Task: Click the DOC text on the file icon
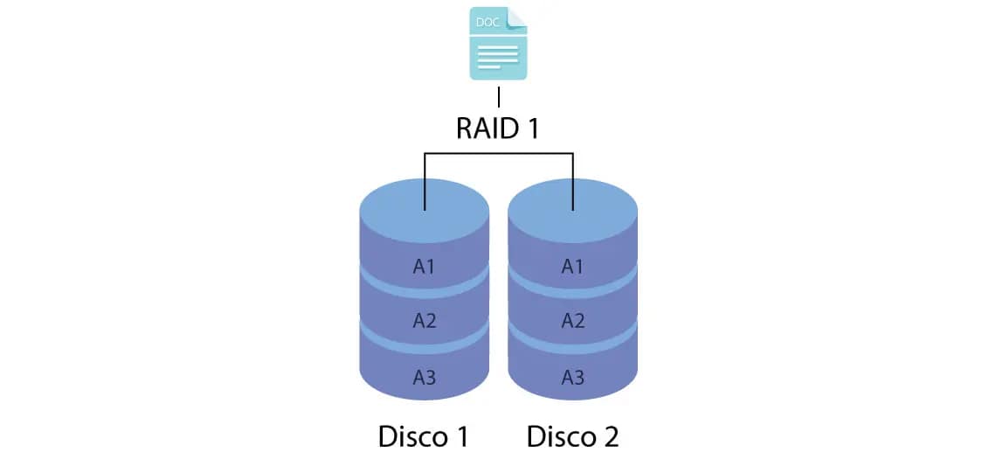click(x=487, y=21)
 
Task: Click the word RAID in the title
click(x=487, y=128)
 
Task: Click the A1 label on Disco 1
click(x=425, y=267)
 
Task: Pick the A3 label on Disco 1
click(x=425, y=378)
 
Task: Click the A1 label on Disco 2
click(x=572, y=267)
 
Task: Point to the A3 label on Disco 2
click(x=572, y=378)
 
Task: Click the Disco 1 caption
click(x=424, y=435)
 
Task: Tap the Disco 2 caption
click(x=572, y=435)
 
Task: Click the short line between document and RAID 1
click(x=498, y=97)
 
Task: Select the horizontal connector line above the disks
click(x=498, y=154)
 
